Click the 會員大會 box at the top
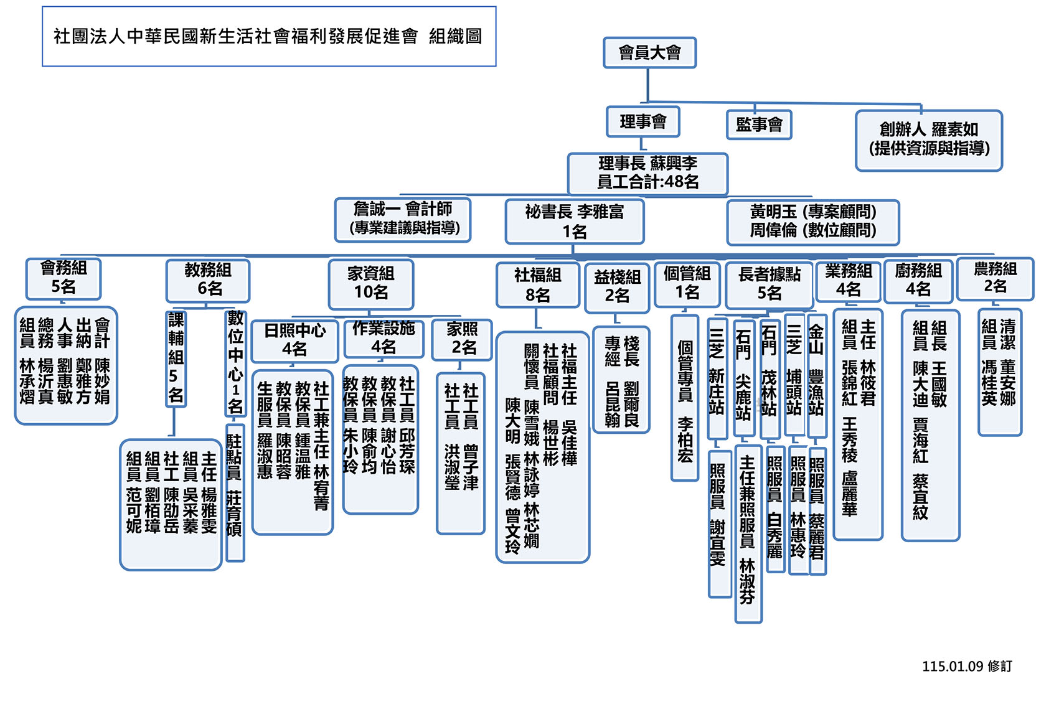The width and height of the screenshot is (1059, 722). click(649, 53)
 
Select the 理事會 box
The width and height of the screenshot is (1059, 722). click(642, 121)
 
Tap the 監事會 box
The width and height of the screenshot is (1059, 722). click(759, 124)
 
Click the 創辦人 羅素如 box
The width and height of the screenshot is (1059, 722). click(928, 140)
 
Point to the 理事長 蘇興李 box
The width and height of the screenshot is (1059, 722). click(647, 173)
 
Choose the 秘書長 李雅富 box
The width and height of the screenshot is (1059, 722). click(574, 222)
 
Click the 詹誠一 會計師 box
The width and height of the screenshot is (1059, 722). click(403, 219)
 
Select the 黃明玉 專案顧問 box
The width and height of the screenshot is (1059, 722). click(812, 222)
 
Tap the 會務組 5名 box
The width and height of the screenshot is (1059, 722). click(63, 278)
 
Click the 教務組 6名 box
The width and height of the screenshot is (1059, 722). click(208, 280)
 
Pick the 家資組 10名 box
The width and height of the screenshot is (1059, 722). click(371, 283)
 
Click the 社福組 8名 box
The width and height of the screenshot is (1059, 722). click(538, 285)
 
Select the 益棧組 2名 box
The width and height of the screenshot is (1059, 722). click(617, 287)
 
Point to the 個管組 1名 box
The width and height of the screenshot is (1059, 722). click(687, 283)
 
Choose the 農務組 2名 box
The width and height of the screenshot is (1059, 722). click(995, 278)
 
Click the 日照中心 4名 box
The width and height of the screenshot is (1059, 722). click(294, 340)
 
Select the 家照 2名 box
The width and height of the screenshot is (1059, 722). click(462, 339)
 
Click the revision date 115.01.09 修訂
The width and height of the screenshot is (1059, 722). click(967, 667)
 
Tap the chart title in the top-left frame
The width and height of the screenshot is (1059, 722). click(268, 37)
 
